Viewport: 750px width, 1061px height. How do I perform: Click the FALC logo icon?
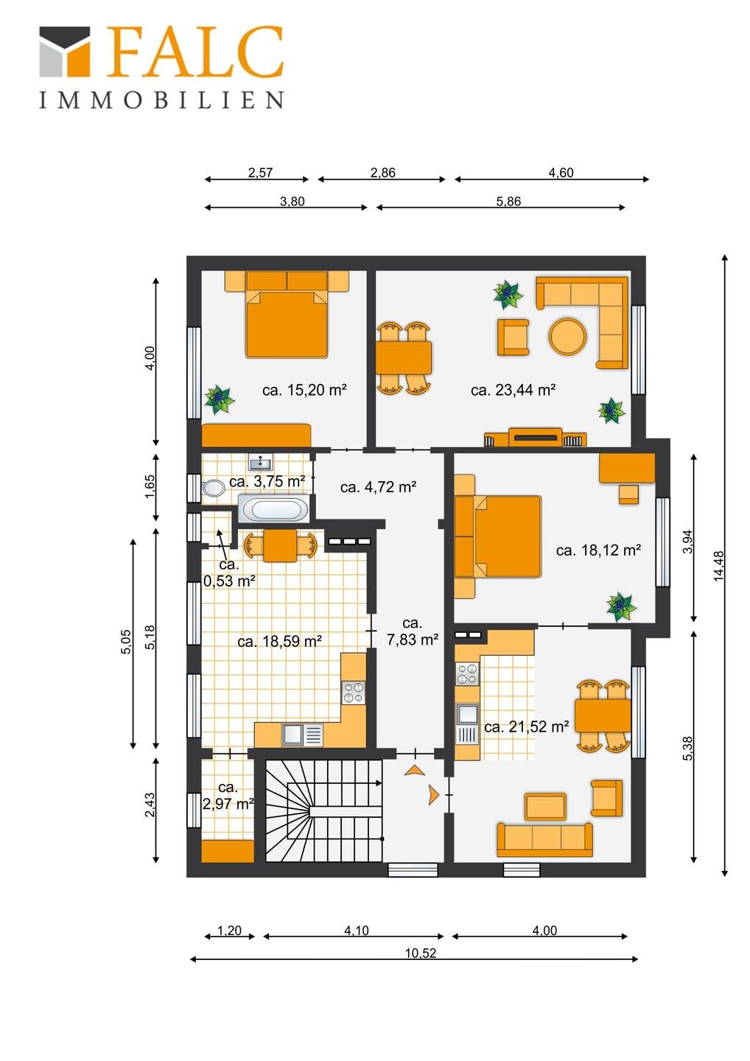[64, 51]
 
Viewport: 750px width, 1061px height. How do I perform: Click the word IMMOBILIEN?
[161, 99]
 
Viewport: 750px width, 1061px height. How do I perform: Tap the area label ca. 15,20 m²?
[304, 391]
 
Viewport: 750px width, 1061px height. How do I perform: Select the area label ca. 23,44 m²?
[513, 391]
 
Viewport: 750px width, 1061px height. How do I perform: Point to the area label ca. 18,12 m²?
[598, 550]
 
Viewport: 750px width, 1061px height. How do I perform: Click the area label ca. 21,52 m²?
[526, 726]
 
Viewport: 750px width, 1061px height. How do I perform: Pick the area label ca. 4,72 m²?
[378, 487]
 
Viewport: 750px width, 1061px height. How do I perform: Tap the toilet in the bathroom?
[213, 489]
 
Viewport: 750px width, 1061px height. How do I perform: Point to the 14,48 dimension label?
[718, 566]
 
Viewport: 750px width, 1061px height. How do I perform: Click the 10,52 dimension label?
[421, 953]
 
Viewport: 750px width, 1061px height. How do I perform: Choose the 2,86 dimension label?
[382, 172]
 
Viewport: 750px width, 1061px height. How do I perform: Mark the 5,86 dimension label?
[508, 201]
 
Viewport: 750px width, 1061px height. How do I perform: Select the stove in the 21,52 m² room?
[467, 674]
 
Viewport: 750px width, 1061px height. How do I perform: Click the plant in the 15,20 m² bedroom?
[219, 399]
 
